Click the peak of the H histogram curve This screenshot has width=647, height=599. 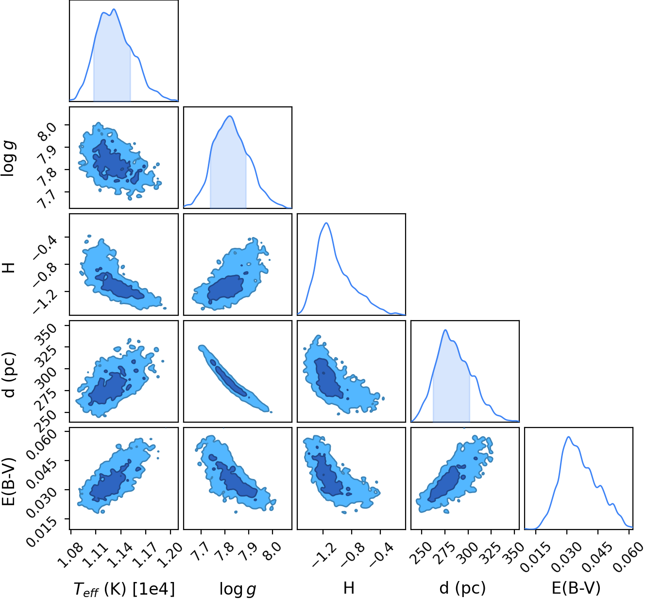pyautogui.click(x=326, y=223)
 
